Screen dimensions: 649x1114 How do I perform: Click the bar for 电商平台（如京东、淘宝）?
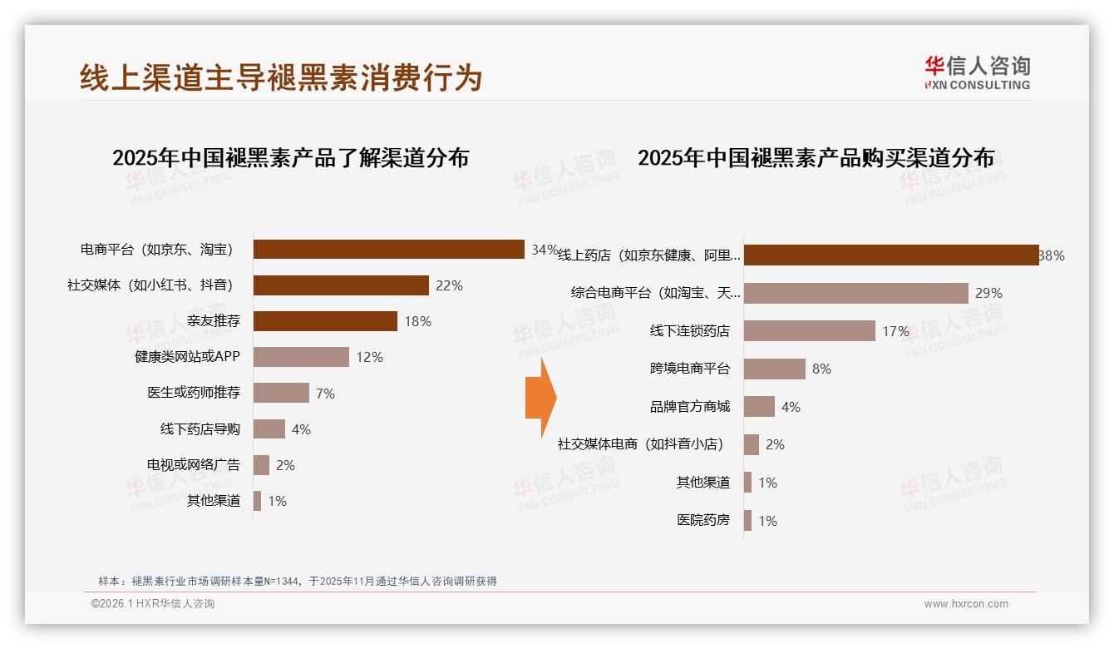[388, 250]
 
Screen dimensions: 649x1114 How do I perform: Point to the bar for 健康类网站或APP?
[301, 357]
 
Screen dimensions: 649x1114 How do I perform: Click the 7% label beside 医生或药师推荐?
[325, 394]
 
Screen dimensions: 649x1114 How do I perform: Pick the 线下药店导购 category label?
[200, 429]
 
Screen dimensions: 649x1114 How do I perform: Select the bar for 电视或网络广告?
[261, 465]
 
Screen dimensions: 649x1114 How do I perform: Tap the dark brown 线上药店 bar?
[891, 255]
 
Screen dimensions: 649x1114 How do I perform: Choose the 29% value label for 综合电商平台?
[988, 293]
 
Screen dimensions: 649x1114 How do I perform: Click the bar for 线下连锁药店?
[809, 331]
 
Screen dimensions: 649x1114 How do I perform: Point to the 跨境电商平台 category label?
[690, 369]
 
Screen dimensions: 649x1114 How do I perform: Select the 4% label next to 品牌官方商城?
[791, 407]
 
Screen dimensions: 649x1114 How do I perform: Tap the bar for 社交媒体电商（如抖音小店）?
[751, 444]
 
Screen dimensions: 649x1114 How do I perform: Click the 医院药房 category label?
[703, 520]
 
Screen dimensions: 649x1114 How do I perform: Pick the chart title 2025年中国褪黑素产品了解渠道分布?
[290, 157]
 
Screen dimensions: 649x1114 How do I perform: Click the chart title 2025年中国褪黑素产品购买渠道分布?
[816, 157]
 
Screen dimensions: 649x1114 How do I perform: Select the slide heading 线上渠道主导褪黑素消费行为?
[281, 77]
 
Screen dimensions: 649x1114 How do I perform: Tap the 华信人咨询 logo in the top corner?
[977, 72]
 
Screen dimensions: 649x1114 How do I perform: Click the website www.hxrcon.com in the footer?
[965, 604]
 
